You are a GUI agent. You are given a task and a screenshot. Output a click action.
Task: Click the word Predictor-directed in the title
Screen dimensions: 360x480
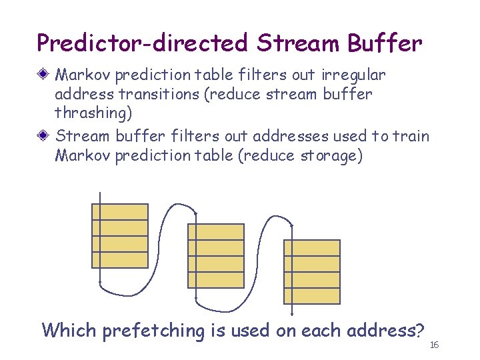pyautogui.click(x=141, y=43)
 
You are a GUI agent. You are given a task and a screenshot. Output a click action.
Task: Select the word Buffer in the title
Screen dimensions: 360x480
pyautogui.click(x=385, y=43)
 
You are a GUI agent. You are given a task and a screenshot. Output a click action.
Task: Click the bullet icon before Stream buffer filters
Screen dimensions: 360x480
pyautogui.click(x=45, y=136)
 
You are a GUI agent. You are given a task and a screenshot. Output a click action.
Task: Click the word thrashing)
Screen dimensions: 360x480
pyautogui.click(x=93, y=113)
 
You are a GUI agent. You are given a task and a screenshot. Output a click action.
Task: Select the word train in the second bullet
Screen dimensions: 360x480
pyautogui.click(x=412, y=136)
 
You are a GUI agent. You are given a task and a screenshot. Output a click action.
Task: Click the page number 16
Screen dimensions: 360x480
pyautogui.click(x=433, y=345)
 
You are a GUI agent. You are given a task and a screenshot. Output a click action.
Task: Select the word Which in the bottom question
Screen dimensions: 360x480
pyautogui.click(x=69, y=330)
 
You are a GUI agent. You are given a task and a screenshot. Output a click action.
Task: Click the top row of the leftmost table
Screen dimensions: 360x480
pyautogui.click(x=119, y=212)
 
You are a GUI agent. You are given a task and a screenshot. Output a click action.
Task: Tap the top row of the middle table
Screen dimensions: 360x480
pyautogui.click(x=215, y=232)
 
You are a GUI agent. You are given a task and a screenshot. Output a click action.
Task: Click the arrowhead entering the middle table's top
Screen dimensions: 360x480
pyautogui.click(x=196, y=213)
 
